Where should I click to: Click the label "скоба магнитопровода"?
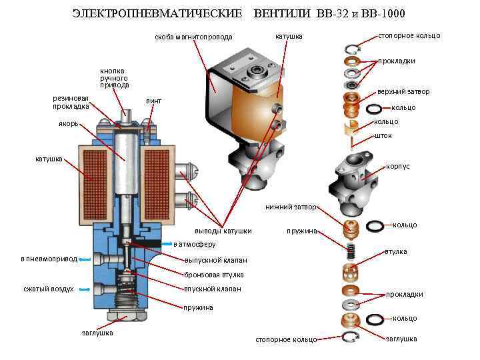tap(193, 37)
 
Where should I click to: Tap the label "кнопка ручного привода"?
tap(114, 78)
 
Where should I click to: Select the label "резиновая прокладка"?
tap(71, 102)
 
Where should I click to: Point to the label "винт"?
tap(153, 101)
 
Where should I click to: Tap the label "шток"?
tap(383, 135)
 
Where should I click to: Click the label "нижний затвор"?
tap(291, 207)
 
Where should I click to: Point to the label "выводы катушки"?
tap(228, 231)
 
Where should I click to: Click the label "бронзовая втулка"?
tap(214, 275)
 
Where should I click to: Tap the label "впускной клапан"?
tap(213, 289)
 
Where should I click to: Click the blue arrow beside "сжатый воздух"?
tap(85, 289)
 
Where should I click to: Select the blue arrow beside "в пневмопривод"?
tap(85, 259)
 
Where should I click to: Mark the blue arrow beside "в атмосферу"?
tap(167, 244)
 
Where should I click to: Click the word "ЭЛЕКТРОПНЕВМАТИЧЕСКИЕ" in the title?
tap(157, 14)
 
